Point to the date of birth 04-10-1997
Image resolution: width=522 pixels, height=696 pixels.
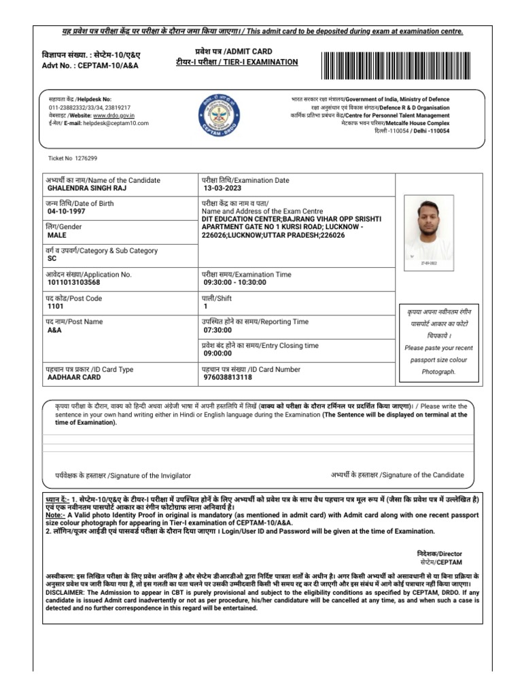[x=67, y=211]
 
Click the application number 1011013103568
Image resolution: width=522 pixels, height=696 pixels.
[x=73, y=282]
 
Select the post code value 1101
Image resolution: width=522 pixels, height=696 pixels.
[x=56, y=306]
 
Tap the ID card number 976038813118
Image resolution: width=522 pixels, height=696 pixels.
[x=228, y=377]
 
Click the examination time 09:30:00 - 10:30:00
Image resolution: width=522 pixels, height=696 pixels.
[x=234, y=282]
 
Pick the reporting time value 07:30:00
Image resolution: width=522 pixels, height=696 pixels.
[x=218, y=330]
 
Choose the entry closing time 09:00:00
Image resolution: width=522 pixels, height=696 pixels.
[x=218, y=353]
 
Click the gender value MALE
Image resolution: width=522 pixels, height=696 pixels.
[x=57, y=234]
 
